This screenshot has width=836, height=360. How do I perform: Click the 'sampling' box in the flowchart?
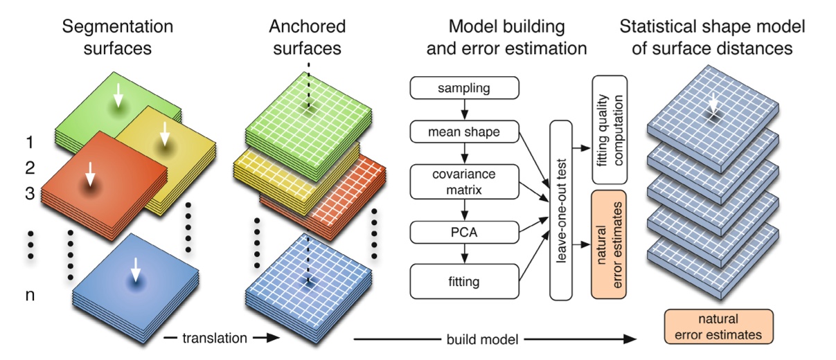[464, 88]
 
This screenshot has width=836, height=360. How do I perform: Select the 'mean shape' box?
[464, 131]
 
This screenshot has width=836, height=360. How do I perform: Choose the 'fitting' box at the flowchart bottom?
[464, 282]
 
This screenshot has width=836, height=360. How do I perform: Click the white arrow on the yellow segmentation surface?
[164, 134]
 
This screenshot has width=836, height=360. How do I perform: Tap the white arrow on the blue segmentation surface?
[136, 269]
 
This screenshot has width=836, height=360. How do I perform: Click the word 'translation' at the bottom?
[214, 339]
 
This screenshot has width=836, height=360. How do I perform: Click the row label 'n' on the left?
[30, 296]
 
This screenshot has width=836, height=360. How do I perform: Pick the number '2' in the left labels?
[30, 168]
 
